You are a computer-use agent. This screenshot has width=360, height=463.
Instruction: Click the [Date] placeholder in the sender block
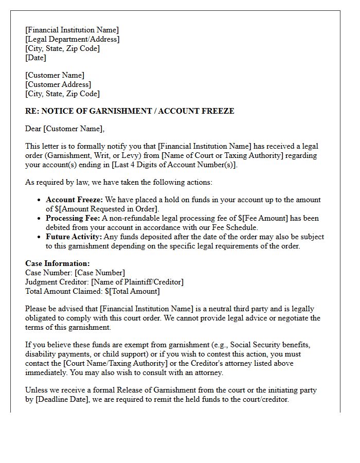[x=35, y=58]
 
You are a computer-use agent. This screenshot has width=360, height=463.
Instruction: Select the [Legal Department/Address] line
[x=72, y=39]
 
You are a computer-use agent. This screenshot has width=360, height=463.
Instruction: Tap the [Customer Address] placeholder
[x=58, y=84]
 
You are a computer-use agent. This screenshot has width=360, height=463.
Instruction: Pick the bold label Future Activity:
[x=74, y=237]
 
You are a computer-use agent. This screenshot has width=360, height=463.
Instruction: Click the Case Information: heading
[x=57, y=263]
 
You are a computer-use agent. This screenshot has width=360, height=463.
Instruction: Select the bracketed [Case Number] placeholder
[x=99, y=273]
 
